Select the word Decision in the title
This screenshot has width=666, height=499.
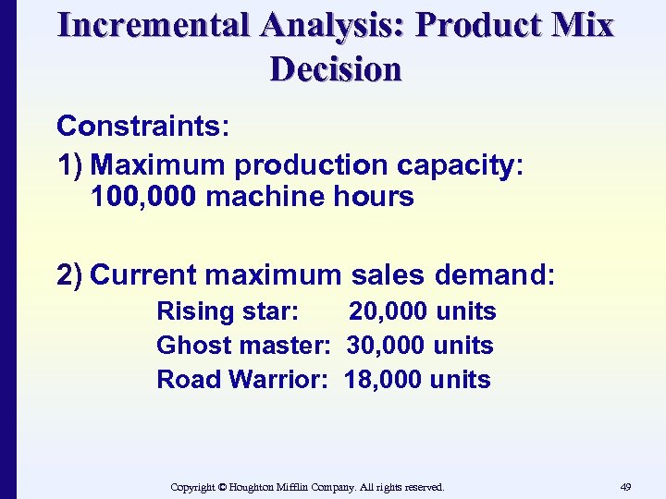(336, 69)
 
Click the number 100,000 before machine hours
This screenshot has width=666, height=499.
(144, 196)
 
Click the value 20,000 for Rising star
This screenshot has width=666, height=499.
(388, 311)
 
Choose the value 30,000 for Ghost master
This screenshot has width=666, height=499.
(386, 346)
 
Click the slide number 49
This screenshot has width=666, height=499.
(626, 487)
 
